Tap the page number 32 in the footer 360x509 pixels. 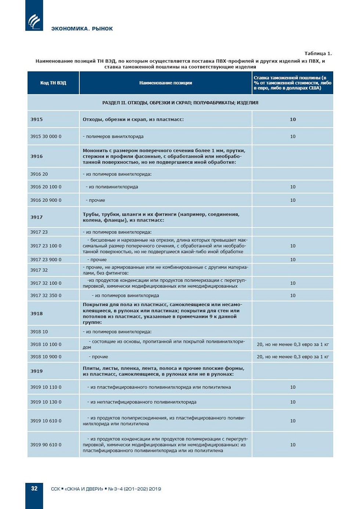pyautogui.click(x=34, y=488)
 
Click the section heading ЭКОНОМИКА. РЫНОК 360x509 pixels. pyautogui.click(x=82, y=29)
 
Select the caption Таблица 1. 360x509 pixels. pyautogui.click(x=318, y=54)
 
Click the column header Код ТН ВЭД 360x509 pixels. pyautogui.click(x=53, y=83)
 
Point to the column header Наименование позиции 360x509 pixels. pyautogui.click(x=166, y=83)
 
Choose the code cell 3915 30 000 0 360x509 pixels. pyautogui.click(x=46, y=136)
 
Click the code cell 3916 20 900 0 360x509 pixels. pyautogui.click(x=46, y=200)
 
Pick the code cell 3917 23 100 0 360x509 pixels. pyautogui.click(x=46, y=246)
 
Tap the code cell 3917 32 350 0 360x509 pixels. pyautogui.click(x=46, y=295)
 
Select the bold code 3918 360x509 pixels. pyautogui.click(x=37, y=313)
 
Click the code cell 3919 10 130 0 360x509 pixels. pyautogui.click(x=46, y=402)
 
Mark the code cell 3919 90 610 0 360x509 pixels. pyautogui.click(x=46, y=445)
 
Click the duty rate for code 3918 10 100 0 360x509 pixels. pyautogui.click(x=293, y=344)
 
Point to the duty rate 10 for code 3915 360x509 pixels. pyautogui.click(x=293, y=119)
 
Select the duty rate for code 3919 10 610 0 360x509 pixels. pyautogui.click(x=293, y=421)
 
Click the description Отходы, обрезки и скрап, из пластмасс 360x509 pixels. pyautogui.click(x=133, y=119)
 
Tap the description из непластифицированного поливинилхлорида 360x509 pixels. pyautogui.click(x=143, y=402)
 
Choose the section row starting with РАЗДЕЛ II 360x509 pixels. pyautogui.click(x=180, y=103)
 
